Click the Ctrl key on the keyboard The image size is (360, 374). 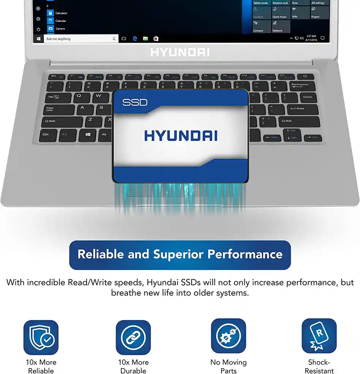[47, 135]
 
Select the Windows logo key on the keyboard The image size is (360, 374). [88, 135]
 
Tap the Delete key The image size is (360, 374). [307, 98]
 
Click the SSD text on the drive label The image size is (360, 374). [134, 102]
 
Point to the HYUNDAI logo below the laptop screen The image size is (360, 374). [179, 52]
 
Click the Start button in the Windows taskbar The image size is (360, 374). [38, 39]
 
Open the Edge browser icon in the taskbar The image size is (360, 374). [134, 38]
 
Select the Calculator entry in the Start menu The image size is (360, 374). [61, 14]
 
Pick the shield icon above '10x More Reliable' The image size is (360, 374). [41, 338]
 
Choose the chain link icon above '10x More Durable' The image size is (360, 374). [133, 338]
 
